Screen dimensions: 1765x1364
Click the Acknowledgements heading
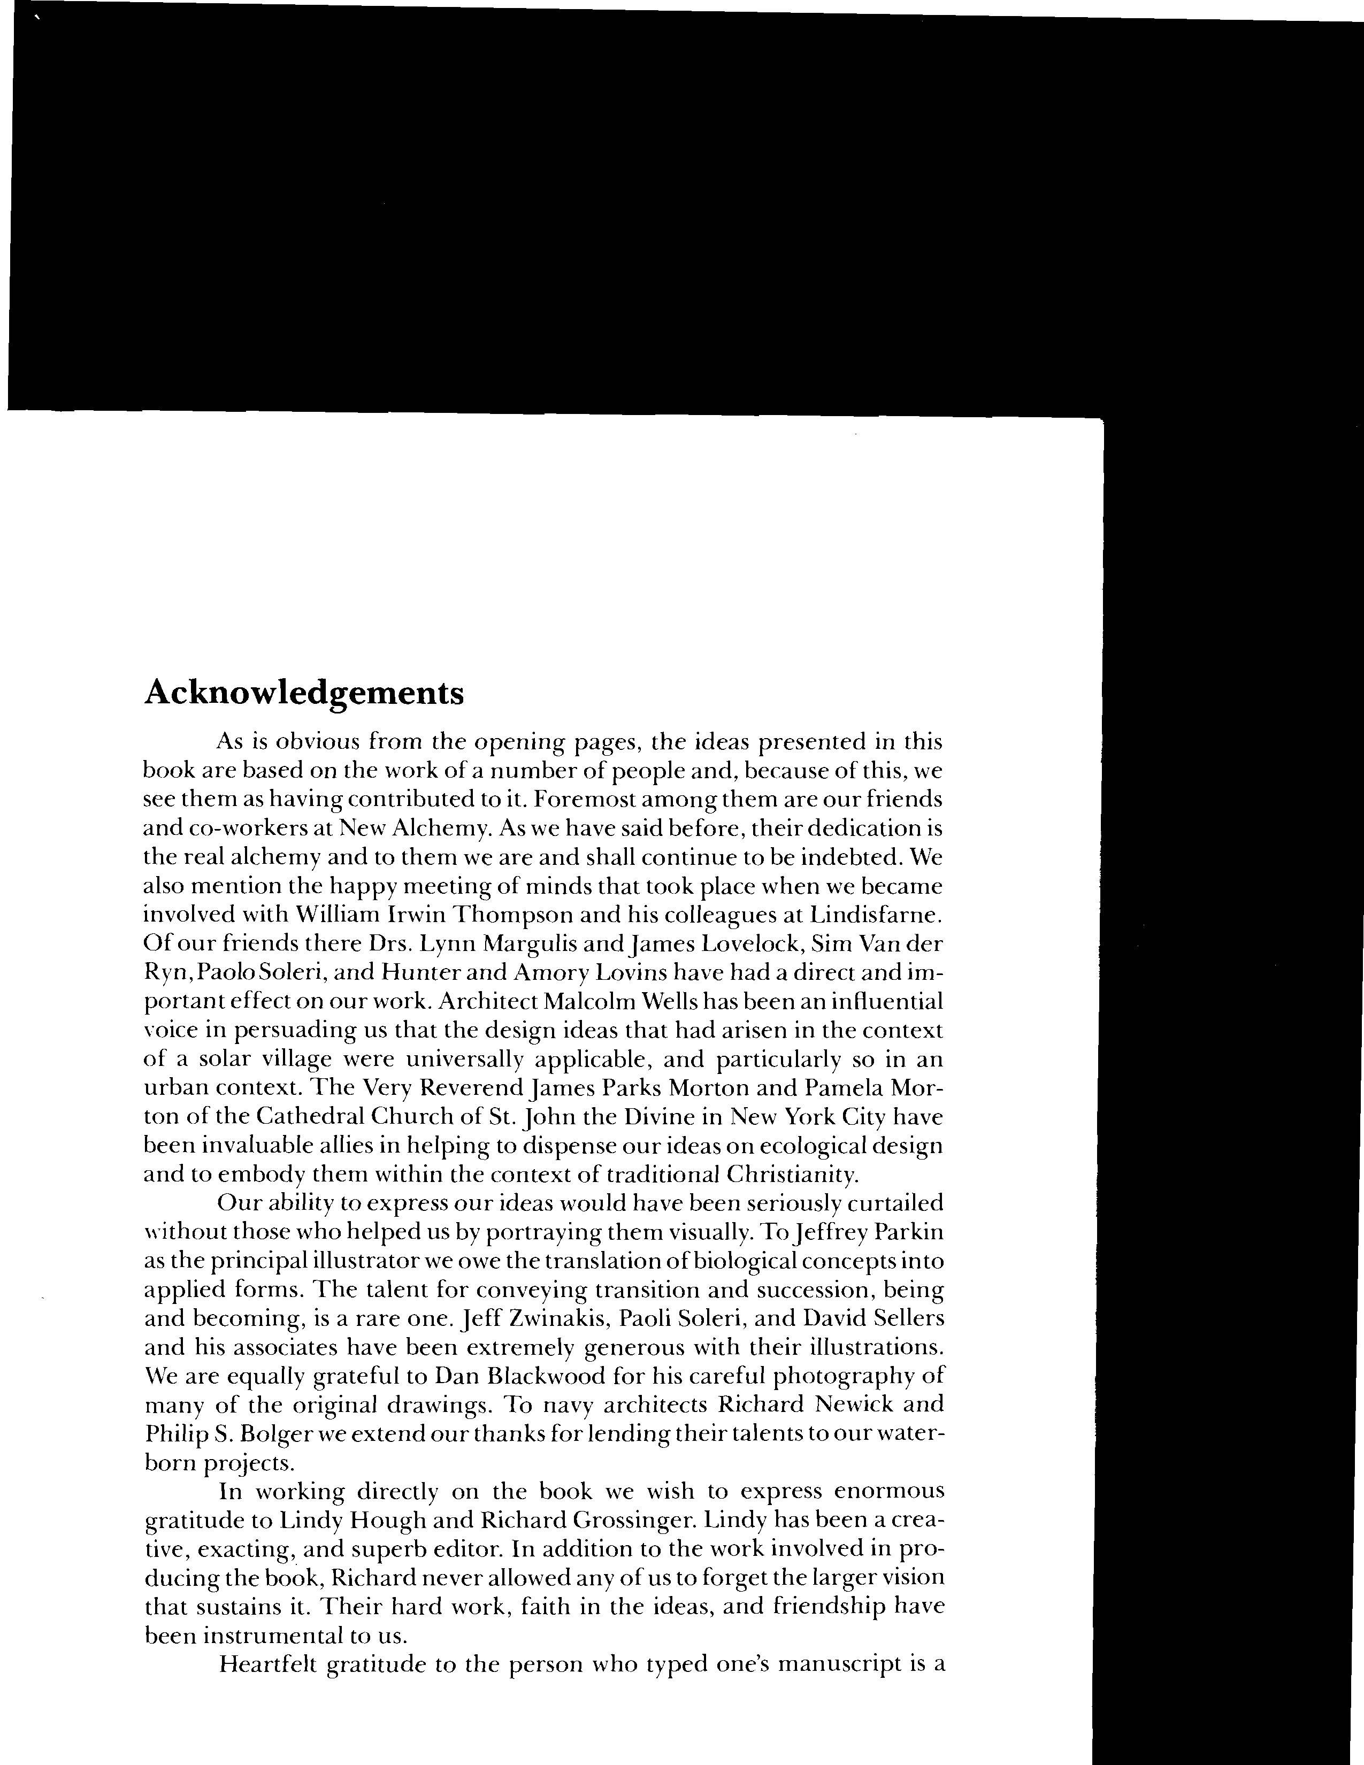304,693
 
